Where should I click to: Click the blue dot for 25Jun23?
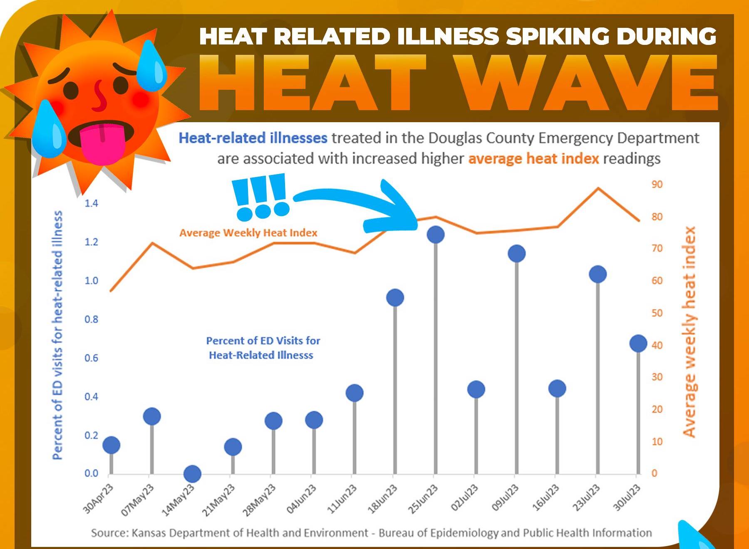click(435, 234)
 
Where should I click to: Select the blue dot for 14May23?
click(192, 473)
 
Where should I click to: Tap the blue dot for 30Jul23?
click(638, 343)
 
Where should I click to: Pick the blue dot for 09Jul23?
click(516, 254)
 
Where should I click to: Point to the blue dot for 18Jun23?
click(395, 298)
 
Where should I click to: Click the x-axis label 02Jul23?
click(464, 497)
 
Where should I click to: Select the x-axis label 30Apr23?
click(98, 499)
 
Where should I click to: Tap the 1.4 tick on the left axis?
click(92, 203)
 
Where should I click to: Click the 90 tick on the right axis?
click(657, 184)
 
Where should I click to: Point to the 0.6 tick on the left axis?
click(92, 358)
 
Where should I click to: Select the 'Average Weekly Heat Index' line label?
click(248, 233)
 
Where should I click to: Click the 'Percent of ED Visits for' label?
click(263, 341)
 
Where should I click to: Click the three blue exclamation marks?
click(260, 197)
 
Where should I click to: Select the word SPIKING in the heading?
click(558, 36)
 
